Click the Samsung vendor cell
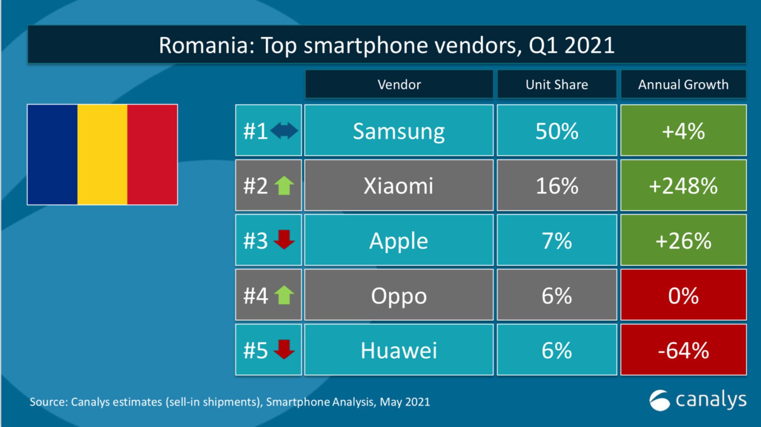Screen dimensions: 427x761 coord(398,131)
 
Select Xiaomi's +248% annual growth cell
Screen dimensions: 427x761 coord(683,186)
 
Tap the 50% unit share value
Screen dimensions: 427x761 coord(556,131)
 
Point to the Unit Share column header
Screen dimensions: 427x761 coord(556,85)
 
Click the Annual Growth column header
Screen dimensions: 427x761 coord(683,85)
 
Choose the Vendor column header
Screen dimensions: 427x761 coord(399,85)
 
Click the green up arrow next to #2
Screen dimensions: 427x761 coord(284,186)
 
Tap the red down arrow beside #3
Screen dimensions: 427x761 coord(284,240)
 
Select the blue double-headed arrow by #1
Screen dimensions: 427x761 coord(284,131)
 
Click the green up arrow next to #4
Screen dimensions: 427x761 coord(284,295)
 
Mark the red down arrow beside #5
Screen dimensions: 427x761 coord(284,349)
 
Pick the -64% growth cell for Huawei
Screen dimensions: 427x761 coord(683,350)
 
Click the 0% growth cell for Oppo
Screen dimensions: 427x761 coord(683,295)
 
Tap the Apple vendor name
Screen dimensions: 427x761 coord(398,241)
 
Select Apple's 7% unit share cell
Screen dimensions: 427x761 coord(556,241)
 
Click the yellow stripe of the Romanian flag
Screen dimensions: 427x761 coord(102,155)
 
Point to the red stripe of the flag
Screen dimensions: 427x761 coord(152,155)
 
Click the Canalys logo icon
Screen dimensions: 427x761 coord(659,401)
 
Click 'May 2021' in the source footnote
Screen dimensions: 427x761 coord(404,402)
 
